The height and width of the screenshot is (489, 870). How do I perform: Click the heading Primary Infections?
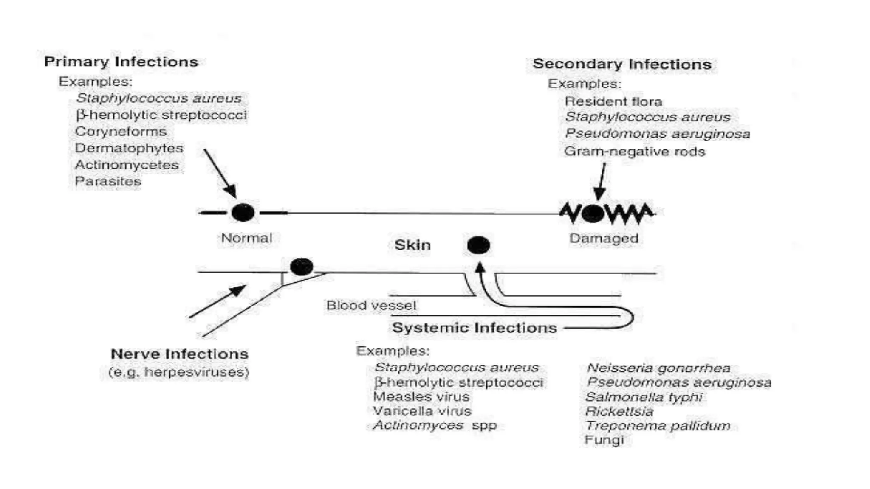[121, 62]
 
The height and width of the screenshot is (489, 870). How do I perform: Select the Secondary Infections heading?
[622, 64]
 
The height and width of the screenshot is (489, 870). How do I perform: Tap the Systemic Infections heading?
[474, 328]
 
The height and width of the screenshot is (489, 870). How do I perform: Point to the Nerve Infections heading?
[179, 354]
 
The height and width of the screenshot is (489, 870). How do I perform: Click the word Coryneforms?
[121, 132]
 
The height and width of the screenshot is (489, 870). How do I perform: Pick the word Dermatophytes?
[129, 148]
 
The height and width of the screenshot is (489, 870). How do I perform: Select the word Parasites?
[108, 181]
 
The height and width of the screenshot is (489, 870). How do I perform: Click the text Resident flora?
[613, 101]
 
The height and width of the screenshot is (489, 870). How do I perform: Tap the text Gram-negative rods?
[634, 152]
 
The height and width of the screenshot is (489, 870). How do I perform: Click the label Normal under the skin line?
[246, 238]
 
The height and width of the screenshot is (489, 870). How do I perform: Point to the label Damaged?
[604, 238]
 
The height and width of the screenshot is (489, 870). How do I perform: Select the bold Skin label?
[412, 245]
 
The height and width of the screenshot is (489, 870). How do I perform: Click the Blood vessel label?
[371, 305]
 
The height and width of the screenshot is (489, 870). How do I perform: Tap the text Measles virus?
[421, 397]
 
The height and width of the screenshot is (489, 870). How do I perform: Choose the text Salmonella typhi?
[644, 397]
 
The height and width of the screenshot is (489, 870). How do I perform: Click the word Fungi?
[604, 440]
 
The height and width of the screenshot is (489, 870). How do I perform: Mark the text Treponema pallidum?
[658, 425]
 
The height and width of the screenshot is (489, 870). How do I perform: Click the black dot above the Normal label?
[243, 212]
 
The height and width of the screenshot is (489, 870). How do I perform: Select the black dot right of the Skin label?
[478, 245]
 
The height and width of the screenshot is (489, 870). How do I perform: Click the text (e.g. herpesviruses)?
[178, 372]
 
